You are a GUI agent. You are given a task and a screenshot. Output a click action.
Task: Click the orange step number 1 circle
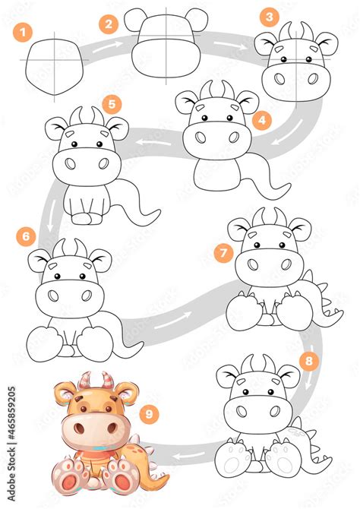[26, 32]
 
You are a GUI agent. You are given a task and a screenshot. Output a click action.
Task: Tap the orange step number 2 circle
[109, 24]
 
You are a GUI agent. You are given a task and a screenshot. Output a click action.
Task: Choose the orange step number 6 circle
[26, 236]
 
